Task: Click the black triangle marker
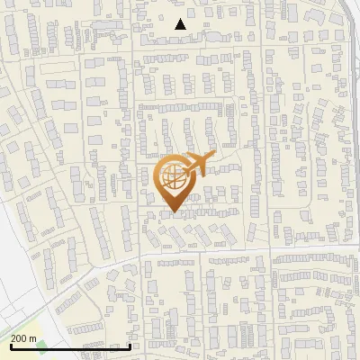[180, 25]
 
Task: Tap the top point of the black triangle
[180, 19]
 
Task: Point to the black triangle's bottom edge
[180, 30]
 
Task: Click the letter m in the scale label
[33, 339]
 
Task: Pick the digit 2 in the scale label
[13, 339]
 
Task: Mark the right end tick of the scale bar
[130, 346]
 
